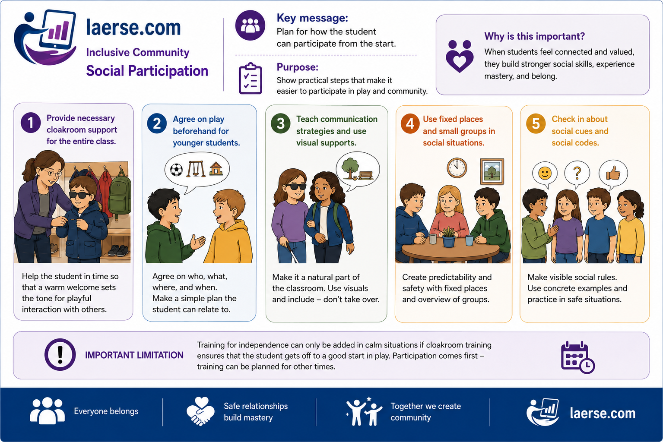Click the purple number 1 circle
tap(31, 123)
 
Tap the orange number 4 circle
tap(410, 123)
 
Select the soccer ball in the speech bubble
tap(176, 170)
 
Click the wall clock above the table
tap(457, 168)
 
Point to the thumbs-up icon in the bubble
tap(613, 174)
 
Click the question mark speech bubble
tap(577, 174)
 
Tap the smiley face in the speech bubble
tap(545, 174)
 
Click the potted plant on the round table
tap(449, 237)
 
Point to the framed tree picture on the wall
tap(492, 171)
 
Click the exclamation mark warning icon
tap(60, 354)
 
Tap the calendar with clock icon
tap(577, 357)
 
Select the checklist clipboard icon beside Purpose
tap(251, 79)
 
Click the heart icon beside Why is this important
tap(460, 56)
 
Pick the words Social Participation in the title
tap(147, 71)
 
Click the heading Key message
tap(312, 18)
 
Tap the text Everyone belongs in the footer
tap(106, 411)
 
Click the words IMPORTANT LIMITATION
tap(134, 355)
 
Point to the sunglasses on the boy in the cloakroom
tap(79, 195)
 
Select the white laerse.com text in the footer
tap(603, 414)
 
